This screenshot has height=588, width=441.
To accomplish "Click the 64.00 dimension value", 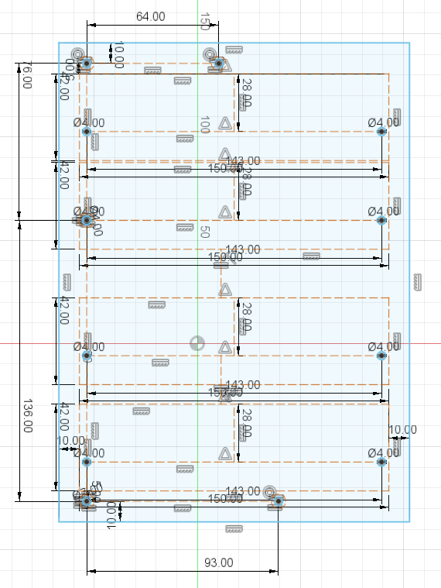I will click(x=150, y=16).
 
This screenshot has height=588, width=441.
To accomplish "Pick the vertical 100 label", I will click(x=204, y=125).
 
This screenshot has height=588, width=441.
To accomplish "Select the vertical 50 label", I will click(x=204, y=232).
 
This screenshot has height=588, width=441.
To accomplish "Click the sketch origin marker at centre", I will click(x=197, y=342).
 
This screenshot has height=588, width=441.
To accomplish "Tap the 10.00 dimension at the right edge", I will click(x=402, y=430).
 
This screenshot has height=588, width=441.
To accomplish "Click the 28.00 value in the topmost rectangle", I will click(x=246, y=93).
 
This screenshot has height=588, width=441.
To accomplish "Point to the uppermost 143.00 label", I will click(x=243, y=161).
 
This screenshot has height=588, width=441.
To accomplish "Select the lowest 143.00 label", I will click(x=243, y=491).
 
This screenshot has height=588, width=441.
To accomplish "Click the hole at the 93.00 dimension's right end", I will click(x=279, y=502).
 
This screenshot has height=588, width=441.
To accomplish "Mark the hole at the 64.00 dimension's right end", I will click(x=219, y=63).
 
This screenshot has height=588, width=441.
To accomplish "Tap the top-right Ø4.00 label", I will click(x=384, y=122).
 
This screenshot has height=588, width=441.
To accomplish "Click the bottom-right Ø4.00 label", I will click(x=384, y=452).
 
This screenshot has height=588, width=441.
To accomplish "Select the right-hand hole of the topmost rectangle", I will click(x=381, y=132).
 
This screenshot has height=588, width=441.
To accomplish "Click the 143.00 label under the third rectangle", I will click(x=243, y=385).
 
